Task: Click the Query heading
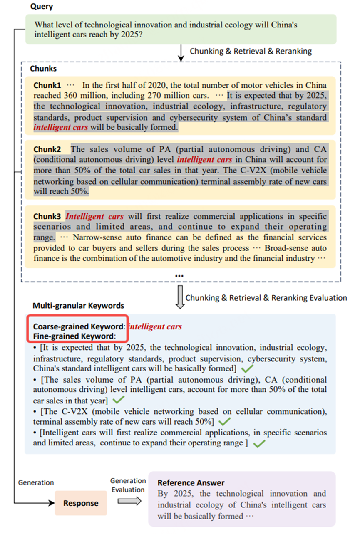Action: click(x=41, y=7)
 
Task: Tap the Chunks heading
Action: click(x=43, y=68)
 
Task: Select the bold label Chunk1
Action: click(x=47, y=85)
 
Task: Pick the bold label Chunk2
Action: click(x=47, y=149)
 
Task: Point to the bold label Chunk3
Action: click(x=47, y=217)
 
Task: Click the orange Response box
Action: click(x=81, y=503)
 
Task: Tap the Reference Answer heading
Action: click(x=191, y=483)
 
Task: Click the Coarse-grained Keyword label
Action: click(x=77, y=326)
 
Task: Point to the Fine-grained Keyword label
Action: click(x=74, y=336)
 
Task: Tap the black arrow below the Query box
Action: click(x=181, y=52)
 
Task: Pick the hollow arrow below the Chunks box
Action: click(x=180, y=297)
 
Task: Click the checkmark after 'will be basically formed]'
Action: click(x=248, y=368)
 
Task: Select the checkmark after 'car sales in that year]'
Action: click(x=119, y=400)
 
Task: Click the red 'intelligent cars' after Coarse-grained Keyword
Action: click(x=155, y=326)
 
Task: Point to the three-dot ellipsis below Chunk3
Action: click(x=179, y=276)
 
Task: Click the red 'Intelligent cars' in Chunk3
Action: click(x=94, y=217)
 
